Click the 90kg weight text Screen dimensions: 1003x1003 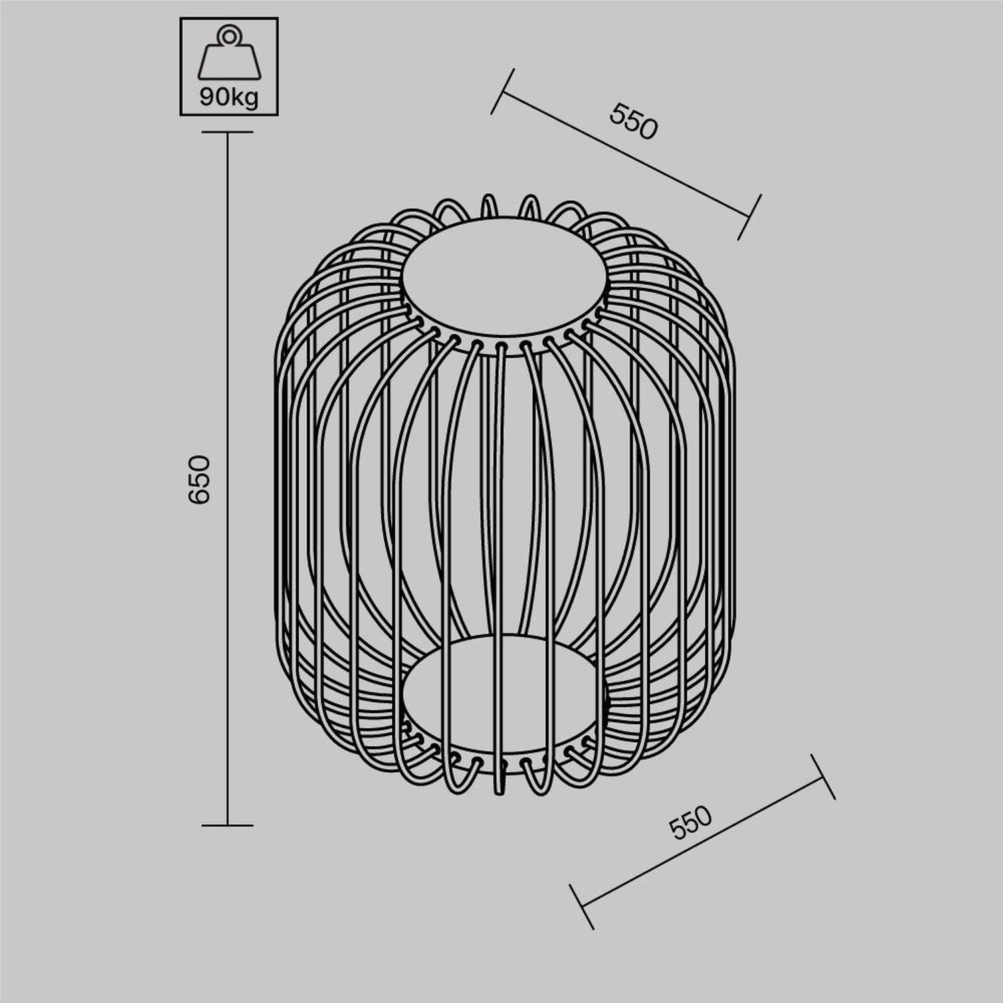(229, 98)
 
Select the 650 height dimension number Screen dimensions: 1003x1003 (199, 479)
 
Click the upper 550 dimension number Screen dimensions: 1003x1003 (633, 122)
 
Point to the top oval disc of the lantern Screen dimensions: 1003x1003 (505, 275)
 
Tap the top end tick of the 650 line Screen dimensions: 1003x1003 (227, 132)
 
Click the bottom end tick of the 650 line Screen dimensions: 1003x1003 (227, 825)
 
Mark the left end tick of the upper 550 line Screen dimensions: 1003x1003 (502, 91)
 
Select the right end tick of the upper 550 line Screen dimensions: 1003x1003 (750, 217)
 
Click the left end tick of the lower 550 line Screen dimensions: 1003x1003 (582, 907)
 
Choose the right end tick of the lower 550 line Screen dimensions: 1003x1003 (823, 776)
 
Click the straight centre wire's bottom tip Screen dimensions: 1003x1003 (499, 792)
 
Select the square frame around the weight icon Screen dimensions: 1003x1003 (182, 67)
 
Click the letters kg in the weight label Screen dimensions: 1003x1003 (244, 98)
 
